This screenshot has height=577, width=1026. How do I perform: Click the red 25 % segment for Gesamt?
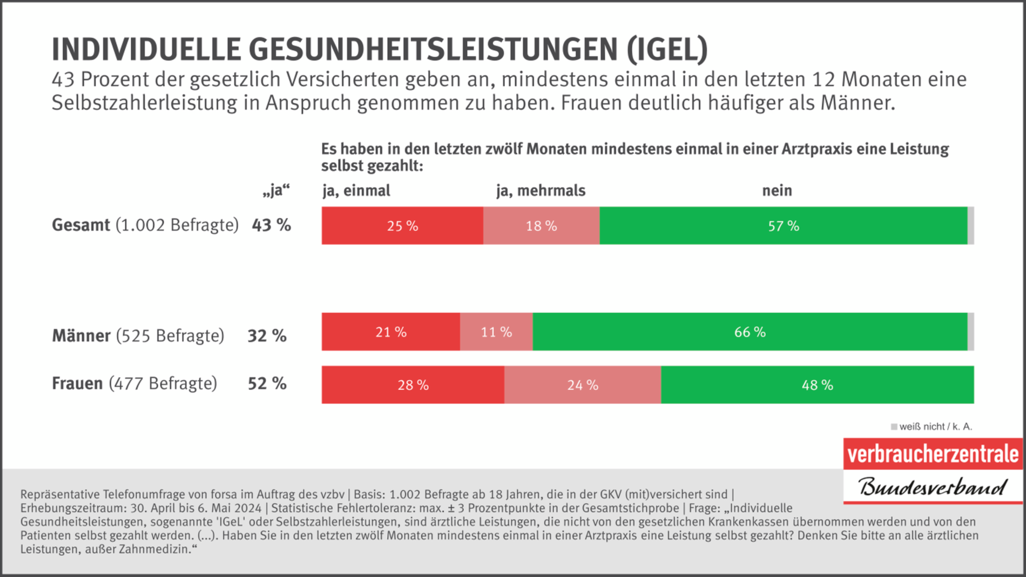(x=402, y=226)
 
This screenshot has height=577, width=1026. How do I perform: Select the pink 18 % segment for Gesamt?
(x=541, y=226)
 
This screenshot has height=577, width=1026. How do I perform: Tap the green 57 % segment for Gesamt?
(x=783, y=226)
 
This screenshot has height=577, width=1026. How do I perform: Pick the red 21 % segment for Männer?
(x=391, y=332)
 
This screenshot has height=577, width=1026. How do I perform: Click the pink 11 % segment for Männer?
(x=496, y=332)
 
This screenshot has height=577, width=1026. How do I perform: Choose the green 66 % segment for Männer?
(x=750, y=332)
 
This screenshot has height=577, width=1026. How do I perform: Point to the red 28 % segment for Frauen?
(x=413, y=385)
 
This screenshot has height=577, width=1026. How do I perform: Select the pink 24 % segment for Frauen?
(x=583, y=385)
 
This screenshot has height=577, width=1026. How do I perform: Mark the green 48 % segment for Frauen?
(x=817, y=385)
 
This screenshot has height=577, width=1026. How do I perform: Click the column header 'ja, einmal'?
(x=356, y=191)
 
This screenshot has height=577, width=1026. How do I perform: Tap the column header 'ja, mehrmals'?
(x=541, y=191)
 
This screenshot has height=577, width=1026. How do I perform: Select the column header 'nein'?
(x=777, y=191)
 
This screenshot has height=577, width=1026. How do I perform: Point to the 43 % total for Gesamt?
(x=271, y=225)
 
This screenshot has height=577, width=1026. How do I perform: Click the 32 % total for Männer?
(x=267, y=336)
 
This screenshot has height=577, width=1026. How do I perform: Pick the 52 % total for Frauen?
(x=267, y=384)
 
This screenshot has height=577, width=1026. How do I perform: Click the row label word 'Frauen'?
(x=77, y=384)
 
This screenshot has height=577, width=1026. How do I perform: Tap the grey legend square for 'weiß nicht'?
(x=894, y=427)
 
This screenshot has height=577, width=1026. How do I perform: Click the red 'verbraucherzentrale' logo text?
(x=933, y=454)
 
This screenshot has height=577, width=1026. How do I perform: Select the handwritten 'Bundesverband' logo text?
(x=933, y=487)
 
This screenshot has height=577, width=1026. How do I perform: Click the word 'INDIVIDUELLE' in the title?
(x=146, y=50)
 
